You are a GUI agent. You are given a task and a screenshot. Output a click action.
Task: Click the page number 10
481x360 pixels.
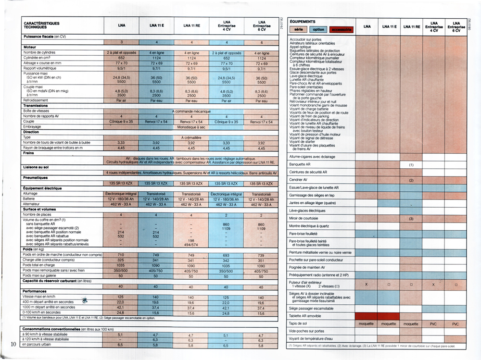click(13, 344)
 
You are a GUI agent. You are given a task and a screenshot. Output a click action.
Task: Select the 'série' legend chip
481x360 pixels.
click(299, 30)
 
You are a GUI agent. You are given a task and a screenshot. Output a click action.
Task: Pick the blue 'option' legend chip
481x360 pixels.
click(319, 30)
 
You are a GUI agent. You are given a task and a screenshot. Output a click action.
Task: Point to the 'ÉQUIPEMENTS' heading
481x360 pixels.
click(303, 22)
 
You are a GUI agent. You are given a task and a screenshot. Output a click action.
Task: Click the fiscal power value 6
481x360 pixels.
click(262, 42)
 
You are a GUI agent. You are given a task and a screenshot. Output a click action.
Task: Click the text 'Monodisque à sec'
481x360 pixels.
click(191, 127)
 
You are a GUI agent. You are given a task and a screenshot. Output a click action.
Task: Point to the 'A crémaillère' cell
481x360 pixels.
click(191, 137)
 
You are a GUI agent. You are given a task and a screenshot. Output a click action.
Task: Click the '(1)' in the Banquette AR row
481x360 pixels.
click(411, 164)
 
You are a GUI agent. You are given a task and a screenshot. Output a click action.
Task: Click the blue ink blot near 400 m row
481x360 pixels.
click(86, 300)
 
